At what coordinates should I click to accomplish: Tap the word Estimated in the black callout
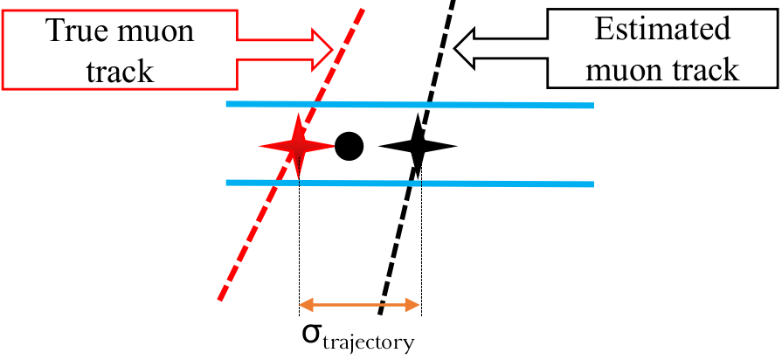click(661, 29)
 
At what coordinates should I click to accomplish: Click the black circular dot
click(349, 146)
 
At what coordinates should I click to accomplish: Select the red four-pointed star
click(299, 145)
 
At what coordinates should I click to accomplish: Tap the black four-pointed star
click(417, 145)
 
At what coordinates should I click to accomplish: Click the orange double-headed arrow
click(360, 305)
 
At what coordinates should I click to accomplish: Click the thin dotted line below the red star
click(300, 245)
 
